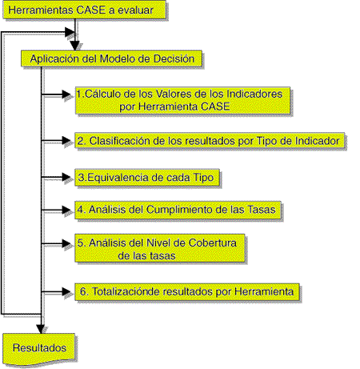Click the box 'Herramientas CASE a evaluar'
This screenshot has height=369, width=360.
point(84,10)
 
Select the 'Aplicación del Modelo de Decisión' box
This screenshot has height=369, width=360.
point(111,58)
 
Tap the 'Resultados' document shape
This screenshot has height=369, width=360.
point(39,349)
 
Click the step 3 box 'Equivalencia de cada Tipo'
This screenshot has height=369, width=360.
point(147,177)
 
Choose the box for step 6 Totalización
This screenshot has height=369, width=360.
point(187,292)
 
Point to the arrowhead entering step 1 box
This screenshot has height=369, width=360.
point(66,94)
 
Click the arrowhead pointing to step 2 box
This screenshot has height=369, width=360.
point(66,140)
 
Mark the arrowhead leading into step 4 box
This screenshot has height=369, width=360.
point(66,210)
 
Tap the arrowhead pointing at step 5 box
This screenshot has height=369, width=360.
point(66,243)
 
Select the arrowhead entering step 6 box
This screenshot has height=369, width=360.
point(66,291)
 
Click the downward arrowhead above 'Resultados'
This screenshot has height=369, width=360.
point(41,329)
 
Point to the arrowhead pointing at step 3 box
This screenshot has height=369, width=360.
point(66,177)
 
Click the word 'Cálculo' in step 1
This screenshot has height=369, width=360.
point(100,94)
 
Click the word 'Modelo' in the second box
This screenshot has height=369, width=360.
point(115,58)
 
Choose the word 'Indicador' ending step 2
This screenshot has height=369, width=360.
point(317,141)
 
